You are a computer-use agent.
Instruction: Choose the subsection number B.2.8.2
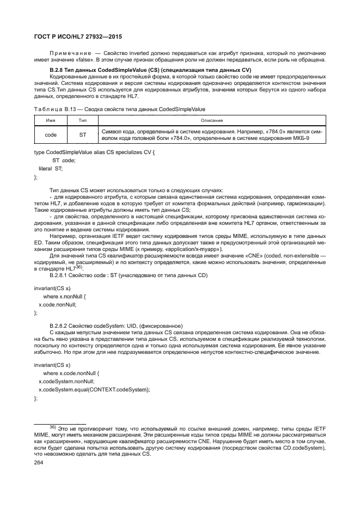pyautogui.click(x=60, y=326)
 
